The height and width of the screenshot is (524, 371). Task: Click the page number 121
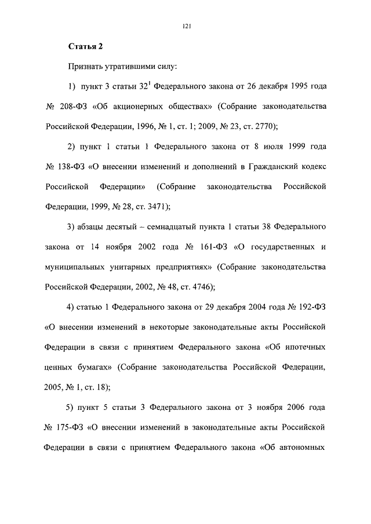(187, 25)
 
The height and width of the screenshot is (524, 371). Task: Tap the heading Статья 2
(85, 47)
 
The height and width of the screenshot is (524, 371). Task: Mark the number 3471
(155, 206)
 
